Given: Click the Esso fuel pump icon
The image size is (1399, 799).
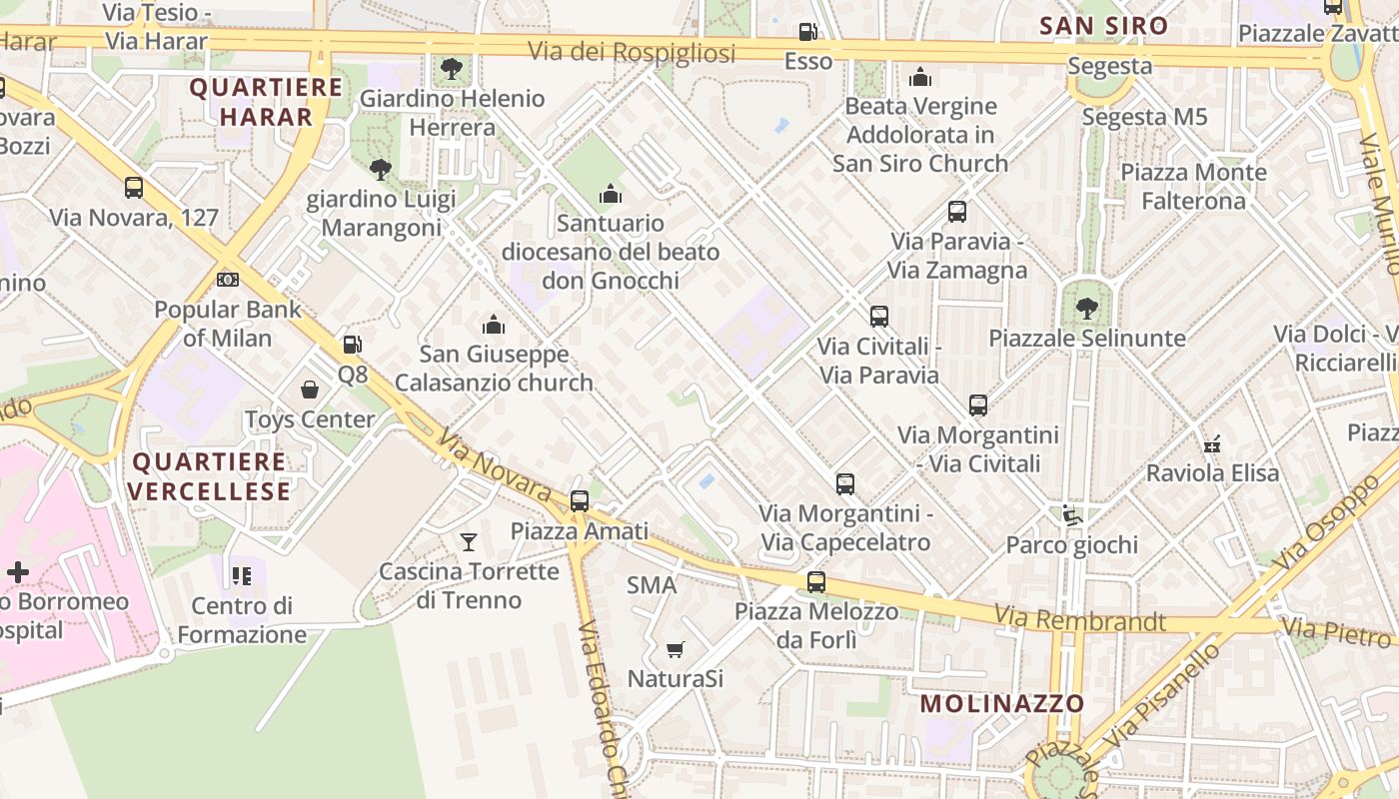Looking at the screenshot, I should coord(808,32).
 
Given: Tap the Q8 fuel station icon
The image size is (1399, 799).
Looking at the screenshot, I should coord(352,345).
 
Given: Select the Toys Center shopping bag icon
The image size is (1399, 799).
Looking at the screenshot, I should coord(310,389).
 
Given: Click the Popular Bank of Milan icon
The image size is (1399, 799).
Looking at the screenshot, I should coord(228,280).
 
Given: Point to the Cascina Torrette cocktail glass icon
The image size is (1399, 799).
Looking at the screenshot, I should coord(468,542).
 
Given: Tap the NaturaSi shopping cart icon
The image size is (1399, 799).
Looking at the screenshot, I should coord(676,650).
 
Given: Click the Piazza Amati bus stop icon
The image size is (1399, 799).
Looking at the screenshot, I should coord(580,501).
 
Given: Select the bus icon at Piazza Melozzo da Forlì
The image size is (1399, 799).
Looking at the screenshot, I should coord(816,581).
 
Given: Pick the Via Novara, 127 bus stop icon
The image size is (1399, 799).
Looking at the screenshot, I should coord(134,188).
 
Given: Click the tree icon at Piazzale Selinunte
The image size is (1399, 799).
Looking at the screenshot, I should coord(1087,309).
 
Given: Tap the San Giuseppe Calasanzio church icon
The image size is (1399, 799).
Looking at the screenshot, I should coord(494,325).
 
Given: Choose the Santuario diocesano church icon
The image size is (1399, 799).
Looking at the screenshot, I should coord(610,194).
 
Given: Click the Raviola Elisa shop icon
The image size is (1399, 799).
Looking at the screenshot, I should coord(1212,443).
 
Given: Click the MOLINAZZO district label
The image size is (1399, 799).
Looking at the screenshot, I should coord(1002,703).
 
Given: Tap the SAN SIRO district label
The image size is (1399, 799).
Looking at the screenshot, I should coord(1103,26).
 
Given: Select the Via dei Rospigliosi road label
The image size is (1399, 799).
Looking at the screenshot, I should coord(632,52).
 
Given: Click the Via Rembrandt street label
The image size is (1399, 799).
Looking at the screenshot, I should coord(1080,620).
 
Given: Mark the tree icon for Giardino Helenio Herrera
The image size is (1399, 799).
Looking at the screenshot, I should coord(452,69).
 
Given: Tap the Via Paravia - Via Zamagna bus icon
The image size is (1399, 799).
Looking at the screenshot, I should coord(957,212).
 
